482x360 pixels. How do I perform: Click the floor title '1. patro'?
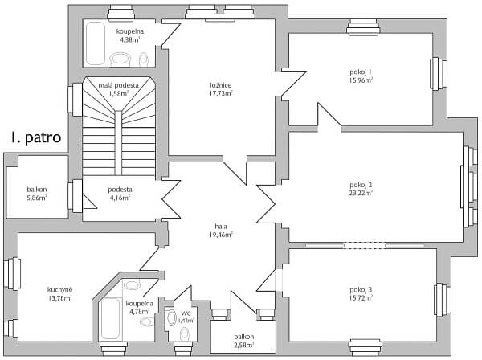click(x=36, y=137)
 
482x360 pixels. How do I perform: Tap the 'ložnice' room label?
click(x=221, y=84)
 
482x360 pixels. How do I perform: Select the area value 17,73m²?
click(x=221, y=93)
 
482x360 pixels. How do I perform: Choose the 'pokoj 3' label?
click(x=361, y=289)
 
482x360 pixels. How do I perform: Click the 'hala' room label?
click(x=221, y=227)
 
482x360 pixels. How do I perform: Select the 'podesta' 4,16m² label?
click(x=120, y=190)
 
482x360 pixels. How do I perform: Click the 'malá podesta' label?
click(x=119, y=84)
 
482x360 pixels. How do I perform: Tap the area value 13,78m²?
click(x=59, y=297)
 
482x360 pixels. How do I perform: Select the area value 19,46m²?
click(x=221, y=235)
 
